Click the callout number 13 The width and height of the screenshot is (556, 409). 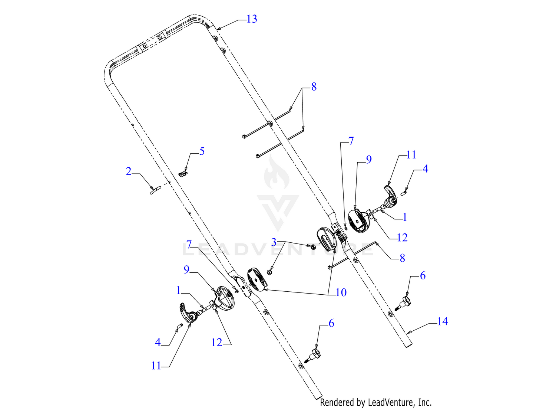tap(252, 19)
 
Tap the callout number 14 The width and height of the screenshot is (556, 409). tap(442, 321)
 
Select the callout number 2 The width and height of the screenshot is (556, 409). tap(128, 171)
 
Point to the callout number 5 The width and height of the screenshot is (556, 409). tap(202, 151)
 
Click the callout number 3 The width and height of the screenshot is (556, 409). tap(274, 242)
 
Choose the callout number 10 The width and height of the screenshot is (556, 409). tap(341, 292)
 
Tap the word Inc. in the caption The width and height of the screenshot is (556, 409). tap(425, 402)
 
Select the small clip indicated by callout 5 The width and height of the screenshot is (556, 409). tap(183, 174)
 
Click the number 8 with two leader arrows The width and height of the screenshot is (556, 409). tap(314, 87)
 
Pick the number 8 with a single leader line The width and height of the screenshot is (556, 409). tap(402, 258)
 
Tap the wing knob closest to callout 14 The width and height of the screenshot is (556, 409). tap(404, 304)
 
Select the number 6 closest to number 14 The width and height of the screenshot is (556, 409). tap(423, 275)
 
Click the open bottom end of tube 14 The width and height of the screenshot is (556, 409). tap(409, 346)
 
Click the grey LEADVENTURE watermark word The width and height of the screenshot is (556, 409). tap(278, 249)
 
